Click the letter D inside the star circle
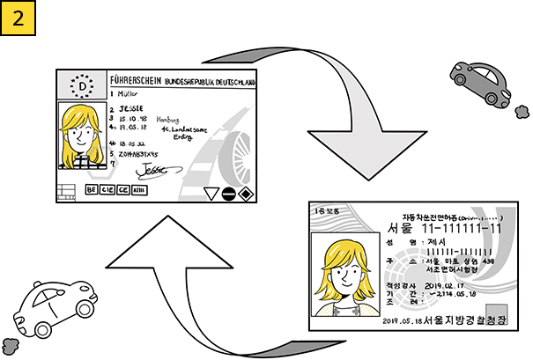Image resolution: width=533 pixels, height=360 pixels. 84,86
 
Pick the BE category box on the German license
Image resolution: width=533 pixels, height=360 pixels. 91,189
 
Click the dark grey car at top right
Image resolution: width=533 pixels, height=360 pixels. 480,82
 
